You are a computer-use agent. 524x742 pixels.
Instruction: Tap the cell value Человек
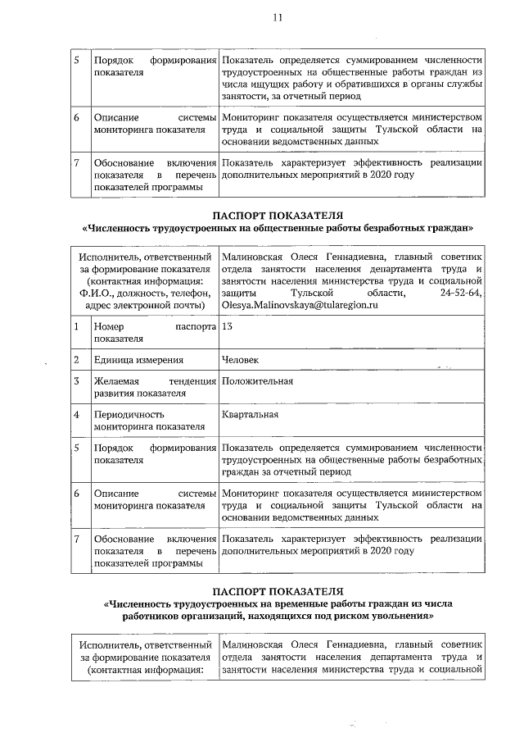242,359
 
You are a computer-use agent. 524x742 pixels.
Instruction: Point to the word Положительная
257,381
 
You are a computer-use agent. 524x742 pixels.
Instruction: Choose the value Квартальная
250,414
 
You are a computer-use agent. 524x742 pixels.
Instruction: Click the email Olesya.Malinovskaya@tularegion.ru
300,305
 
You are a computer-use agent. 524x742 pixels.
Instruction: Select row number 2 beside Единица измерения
75,359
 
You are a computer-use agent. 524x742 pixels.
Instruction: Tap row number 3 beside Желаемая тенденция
75,381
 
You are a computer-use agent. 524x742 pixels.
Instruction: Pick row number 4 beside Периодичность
75,414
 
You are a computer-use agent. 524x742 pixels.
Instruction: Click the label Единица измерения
138,359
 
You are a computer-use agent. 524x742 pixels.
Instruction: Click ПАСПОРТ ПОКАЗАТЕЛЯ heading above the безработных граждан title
278,215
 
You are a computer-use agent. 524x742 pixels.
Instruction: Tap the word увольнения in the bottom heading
399,615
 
